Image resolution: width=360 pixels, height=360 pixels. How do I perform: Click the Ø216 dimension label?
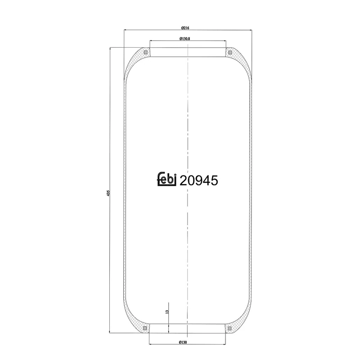click(x=185, y=28)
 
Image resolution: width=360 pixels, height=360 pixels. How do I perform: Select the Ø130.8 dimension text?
click(x=184, y=39)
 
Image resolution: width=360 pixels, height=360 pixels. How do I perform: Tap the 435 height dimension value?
click(x=108, y=193)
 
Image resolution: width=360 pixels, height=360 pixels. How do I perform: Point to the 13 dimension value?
click(x=167, y=312)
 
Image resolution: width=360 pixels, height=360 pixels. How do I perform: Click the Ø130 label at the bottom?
click(x=183, y=342)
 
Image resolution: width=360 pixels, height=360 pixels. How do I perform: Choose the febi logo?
click(x=166, y=179)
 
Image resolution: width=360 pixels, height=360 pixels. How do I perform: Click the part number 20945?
click(x=198, y=180)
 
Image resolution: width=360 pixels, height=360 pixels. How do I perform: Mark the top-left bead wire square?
click(x=145, y=52)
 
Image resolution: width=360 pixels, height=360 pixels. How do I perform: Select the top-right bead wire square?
click(x=230, y=53)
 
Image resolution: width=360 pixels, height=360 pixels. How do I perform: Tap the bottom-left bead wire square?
click(x=145, y=328)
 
